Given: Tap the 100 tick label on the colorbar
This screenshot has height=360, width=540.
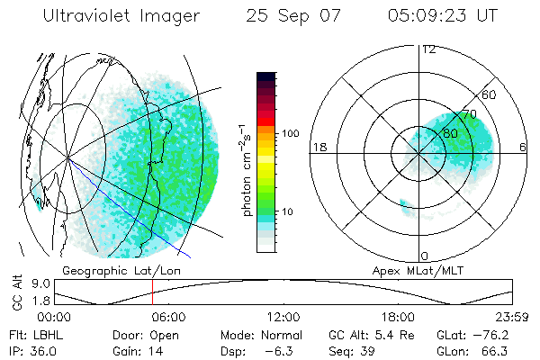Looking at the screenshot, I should (x=290, y=133).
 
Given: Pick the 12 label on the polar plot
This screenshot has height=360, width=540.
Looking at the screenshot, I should (x=428, y=49).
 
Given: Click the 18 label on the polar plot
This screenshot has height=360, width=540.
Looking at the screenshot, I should (x=319, y=147).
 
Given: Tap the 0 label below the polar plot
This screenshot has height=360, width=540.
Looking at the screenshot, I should (x=425, y=256).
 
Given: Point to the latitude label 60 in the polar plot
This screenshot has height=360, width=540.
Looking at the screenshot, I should (x=490, y=94).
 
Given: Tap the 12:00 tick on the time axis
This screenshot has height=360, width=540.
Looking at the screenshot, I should (x=283, y=317).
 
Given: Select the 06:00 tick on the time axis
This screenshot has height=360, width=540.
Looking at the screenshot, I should (x=167, y=317).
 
